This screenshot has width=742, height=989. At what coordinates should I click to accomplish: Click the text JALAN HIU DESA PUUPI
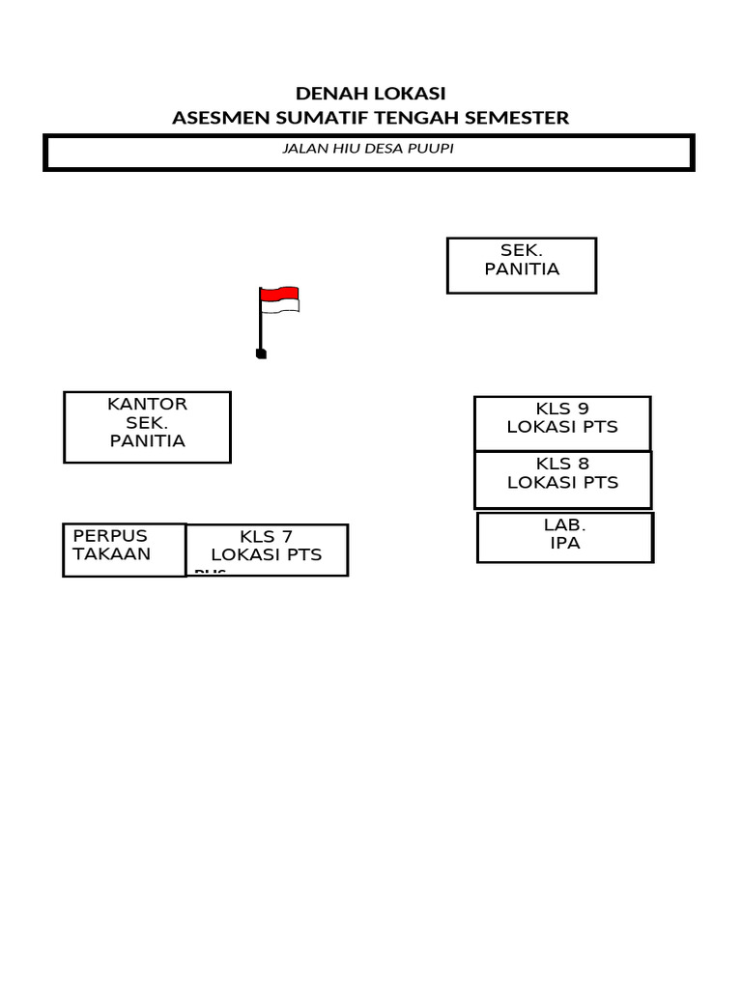point(368,150)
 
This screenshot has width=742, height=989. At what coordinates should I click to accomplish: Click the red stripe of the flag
point(280,294)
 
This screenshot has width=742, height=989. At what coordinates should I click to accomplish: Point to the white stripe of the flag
point(280,306)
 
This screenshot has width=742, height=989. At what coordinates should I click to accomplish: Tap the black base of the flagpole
point(261,354)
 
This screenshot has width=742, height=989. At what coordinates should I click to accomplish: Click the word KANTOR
point(147,404)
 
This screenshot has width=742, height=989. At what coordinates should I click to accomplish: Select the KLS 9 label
point(562,409)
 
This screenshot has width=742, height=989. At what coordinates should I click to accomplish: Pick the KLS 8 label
point(562,464)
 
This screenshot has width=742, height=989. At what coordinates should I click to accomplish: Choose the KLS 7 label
point(266,537)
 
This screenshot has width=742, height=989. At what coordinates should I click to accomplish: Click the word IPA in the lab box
point(565,543)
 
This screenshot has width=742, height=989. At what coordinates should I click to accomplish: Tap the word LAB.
point(565,525)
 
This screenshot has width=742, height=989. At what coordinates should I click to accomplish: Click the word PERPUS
point(110,535)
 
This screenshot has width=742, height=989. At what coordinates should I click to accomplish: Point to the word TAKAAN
point(112,553)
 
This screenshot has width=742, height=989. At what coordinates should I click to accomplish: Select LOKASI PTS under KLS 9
point(562,427)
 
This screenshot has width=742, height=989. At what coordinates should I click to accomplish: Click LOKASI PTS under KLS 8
point(562,482)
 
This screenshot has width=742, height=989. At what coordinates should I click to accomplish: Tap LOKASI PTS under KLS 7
point(266,555)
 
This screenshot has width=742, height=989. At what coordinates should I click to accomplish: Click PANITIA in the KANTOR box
point(147,440)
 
